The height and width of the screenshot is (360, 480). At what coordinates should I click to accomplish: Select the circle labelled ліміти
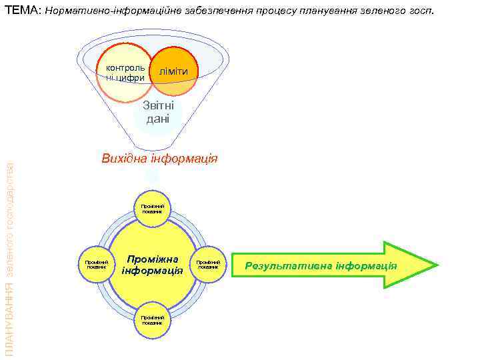[174, 71]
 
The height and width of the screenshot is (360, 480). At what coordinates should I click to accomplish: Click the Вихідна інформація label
[159, 159]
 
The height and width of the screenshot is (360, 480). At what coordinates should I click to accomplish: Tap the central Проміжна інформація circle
[153, 264]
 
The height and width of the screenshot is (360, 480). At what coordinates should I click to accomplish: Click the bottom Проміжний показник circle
[153, 320]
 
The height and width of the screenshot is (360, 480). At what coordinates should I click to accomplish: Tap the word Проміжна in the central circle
[153, 258]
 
